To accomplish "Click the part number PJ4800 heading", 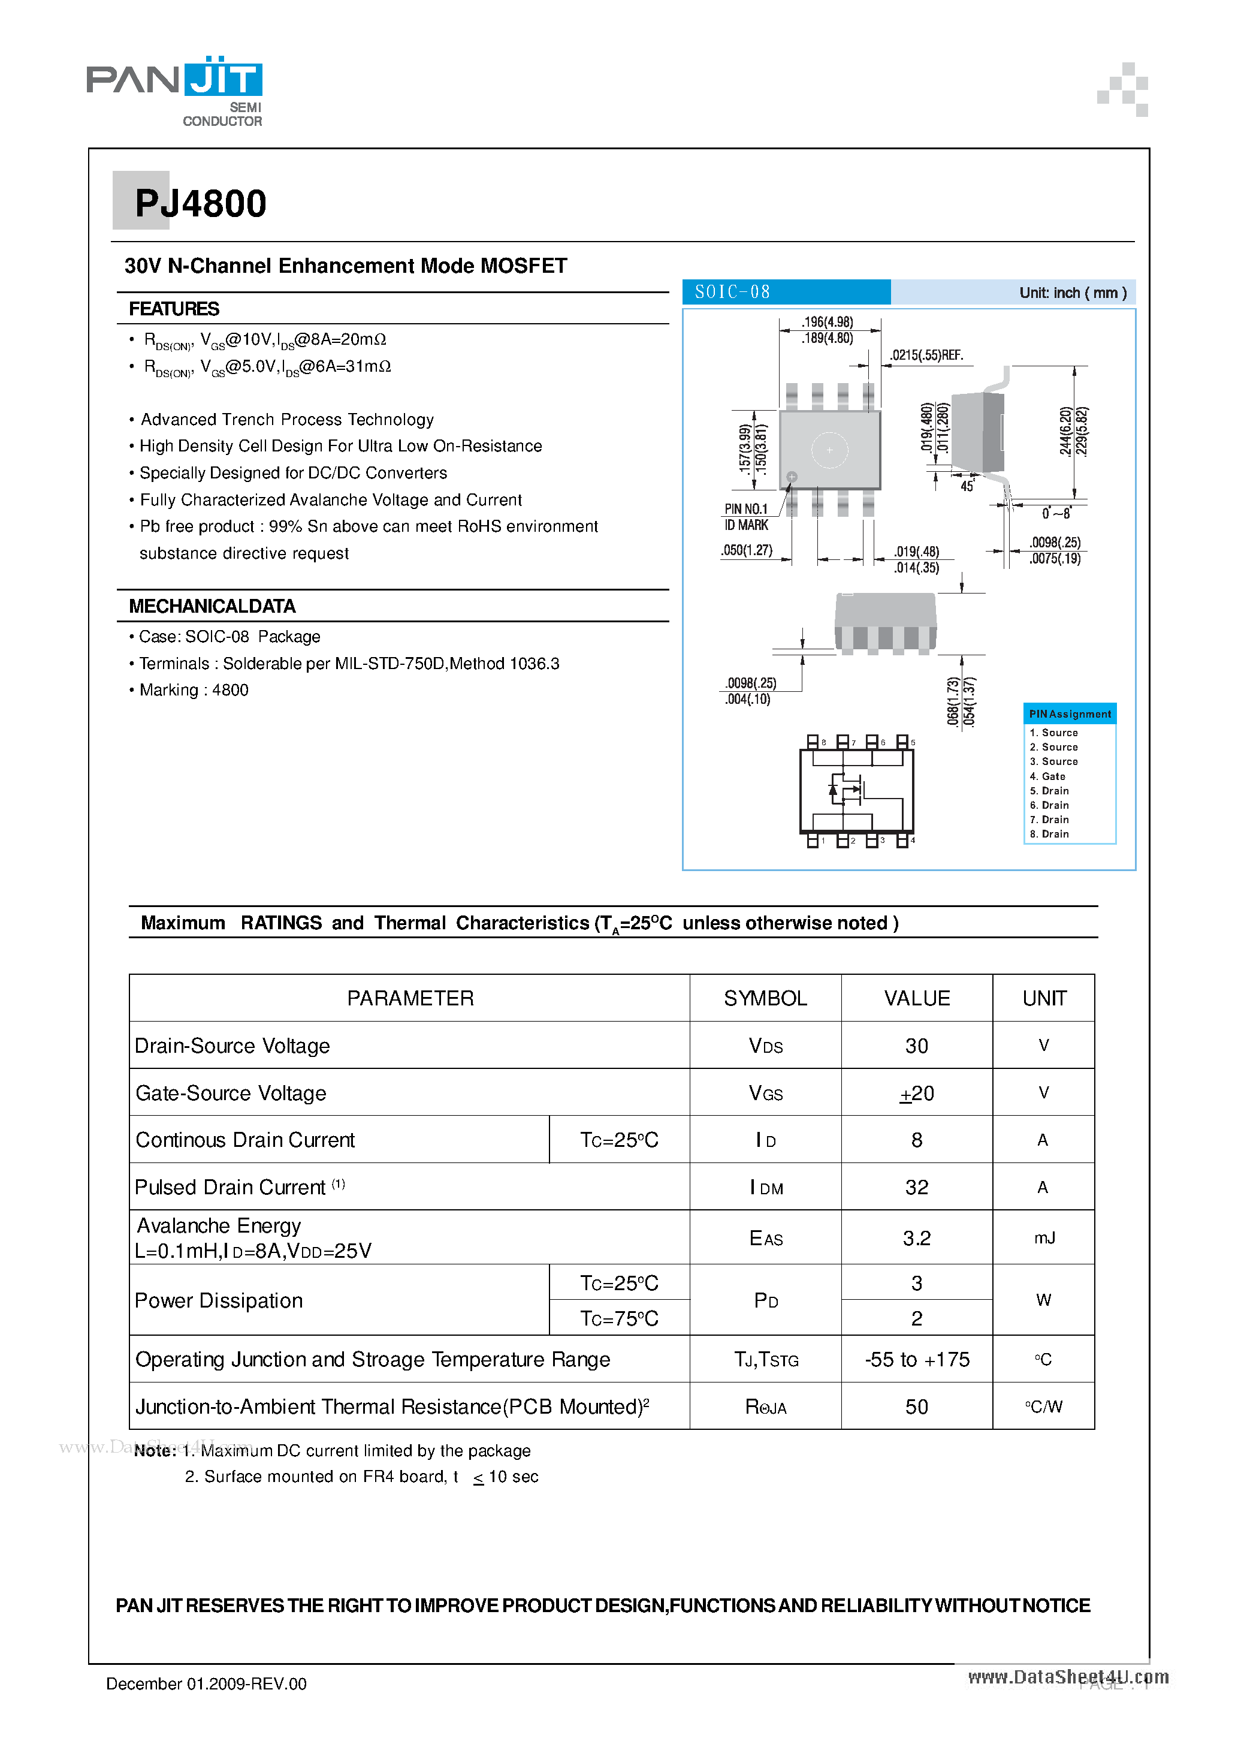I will point(200,204).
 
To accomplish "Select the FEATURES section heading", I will point(174,309).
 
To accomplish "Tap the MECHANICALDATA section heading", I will point(212,606).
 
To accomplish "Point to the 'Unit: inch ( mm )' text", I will point(1073,293).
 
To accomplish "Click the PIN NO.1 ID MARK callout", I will point(745,517).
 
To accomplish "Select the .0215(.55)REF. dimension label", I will point(926,356).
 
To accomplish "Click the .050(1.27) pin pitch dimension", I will point(747,550).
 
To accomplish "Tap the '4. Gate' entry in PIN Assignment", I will point(1047,776).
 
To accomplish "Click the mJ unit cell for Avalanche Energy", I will point(1043,1237).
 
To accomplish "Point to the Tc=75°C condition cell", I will point(619,1318).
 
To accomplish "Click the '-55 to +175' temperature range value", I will point(917,1360).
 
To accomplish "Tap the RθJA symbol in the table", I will point(766,1407).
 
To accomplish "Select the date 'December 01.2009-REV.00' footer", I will point(206,1683).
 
